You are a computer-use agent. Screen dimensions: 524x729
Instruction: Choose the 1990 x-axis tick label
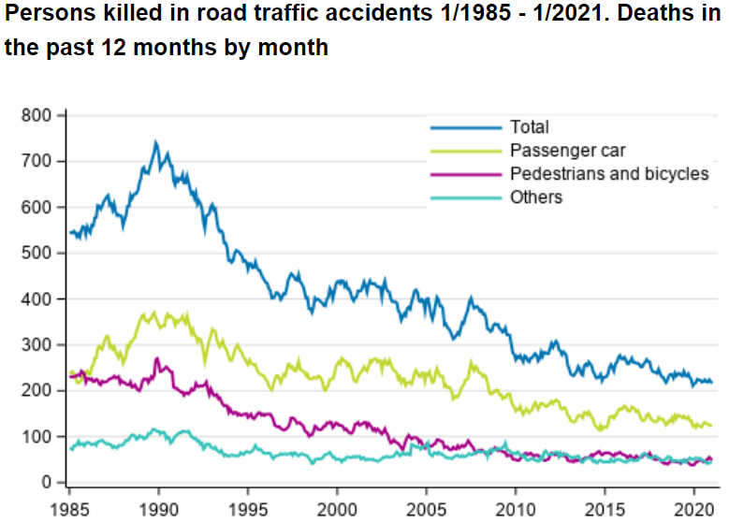click(x=158, y=507)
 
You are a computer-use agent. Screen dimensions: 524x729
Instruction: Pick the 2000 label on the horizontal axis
click(x=337, y=507)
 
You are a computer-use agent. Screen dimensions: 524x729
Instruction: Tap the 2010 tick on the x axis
click(x=515, y=507)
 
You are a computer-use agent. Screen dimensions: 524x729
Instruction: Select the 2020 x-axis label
click(x=693, y=507)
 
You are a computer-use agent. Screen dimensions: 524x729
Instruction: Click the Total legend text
click(x=530, y=127)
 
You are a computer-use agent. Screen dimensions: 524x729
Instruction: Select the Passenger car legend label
click(x=568, y=151)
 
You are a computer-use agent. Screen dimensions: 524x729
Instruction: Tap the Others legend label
click(x=536, y=197)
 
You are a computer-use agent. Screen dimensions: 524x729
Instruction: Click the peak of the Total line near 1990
click(x=155, y=143)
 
